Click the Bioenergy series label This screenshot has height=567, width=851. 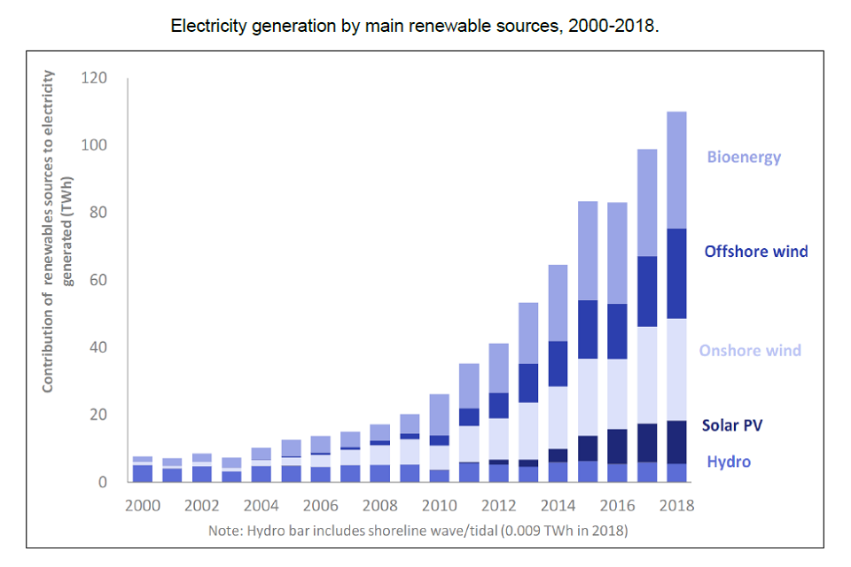(x=744, y=158)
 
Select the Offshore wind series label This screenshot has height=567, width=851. (x=756, y=252)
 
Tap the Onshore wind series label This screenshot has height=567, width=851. (x=750, y=351)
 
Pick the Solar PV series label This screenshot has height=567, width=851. (x=732, y=426)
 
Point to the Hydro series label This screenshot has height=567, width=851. (x=729, y=462)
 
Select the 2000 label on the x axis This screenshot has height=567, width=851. (x=143, y=506)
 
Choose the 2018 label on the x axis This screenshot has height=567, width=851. (x=676, y=506)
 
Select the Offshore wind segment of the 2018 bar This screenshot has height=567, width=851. (x=676, y=274)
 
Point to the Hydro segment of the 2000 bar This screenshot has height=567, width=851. (x=143, y=474)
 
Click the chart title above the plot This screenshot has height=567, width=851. (x=415, y=26)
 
